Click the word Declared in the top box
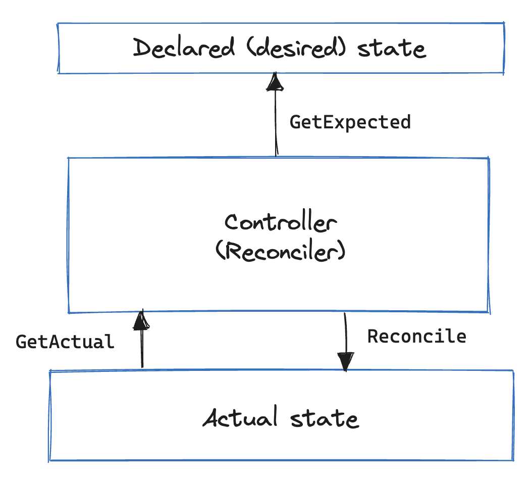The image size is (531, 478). (184, 49)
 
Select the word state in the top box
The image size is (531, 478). (391, 49)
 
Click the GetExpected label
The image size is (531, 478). (350, 122)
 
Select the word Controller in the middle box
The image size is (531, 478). (281, 222)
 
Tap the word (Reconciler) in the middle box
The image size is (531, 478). (281, 251)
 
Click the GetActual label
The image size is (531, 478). (65, 342)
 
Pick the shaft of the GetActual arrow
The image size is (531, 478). (142, 349)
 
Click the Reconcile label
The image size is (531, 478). (416, 337)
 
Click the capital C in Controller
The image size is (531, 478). (233, 222)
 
